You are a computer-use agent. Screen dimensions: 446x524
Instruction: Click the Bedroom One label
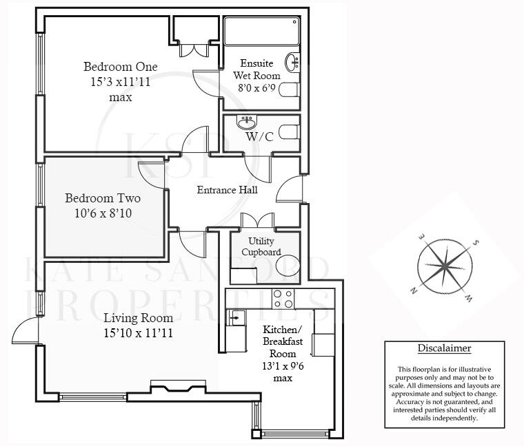pos(121,67)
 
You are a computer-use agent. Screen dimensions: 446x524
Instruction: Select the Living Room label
pos(138,318)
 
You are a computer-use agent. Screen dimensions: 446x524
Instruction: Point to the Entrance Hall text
pos(227,190)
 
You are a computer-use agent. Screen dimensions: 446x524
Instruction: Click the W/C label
pos(259,137)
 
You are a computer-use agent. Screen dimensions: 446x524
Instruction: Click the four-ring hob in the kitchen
pos(283,299)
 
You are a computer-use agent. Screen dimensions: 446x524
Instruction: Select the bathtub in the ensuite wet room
pos(261,32)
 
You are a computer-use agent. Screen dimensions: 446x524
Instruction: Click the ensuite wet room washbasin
pos(292,63)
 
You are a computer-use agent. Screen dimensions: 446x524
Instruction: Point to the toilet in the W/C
pos(290,131)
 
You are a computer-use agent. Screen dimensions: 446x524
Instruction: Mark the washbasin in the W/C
pos(246,123)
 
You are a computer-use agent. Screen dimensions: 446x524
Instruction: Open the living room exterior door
pos(25,333)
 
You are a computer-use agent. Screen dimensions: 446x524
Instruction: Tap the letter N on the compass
pos(414,290)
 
